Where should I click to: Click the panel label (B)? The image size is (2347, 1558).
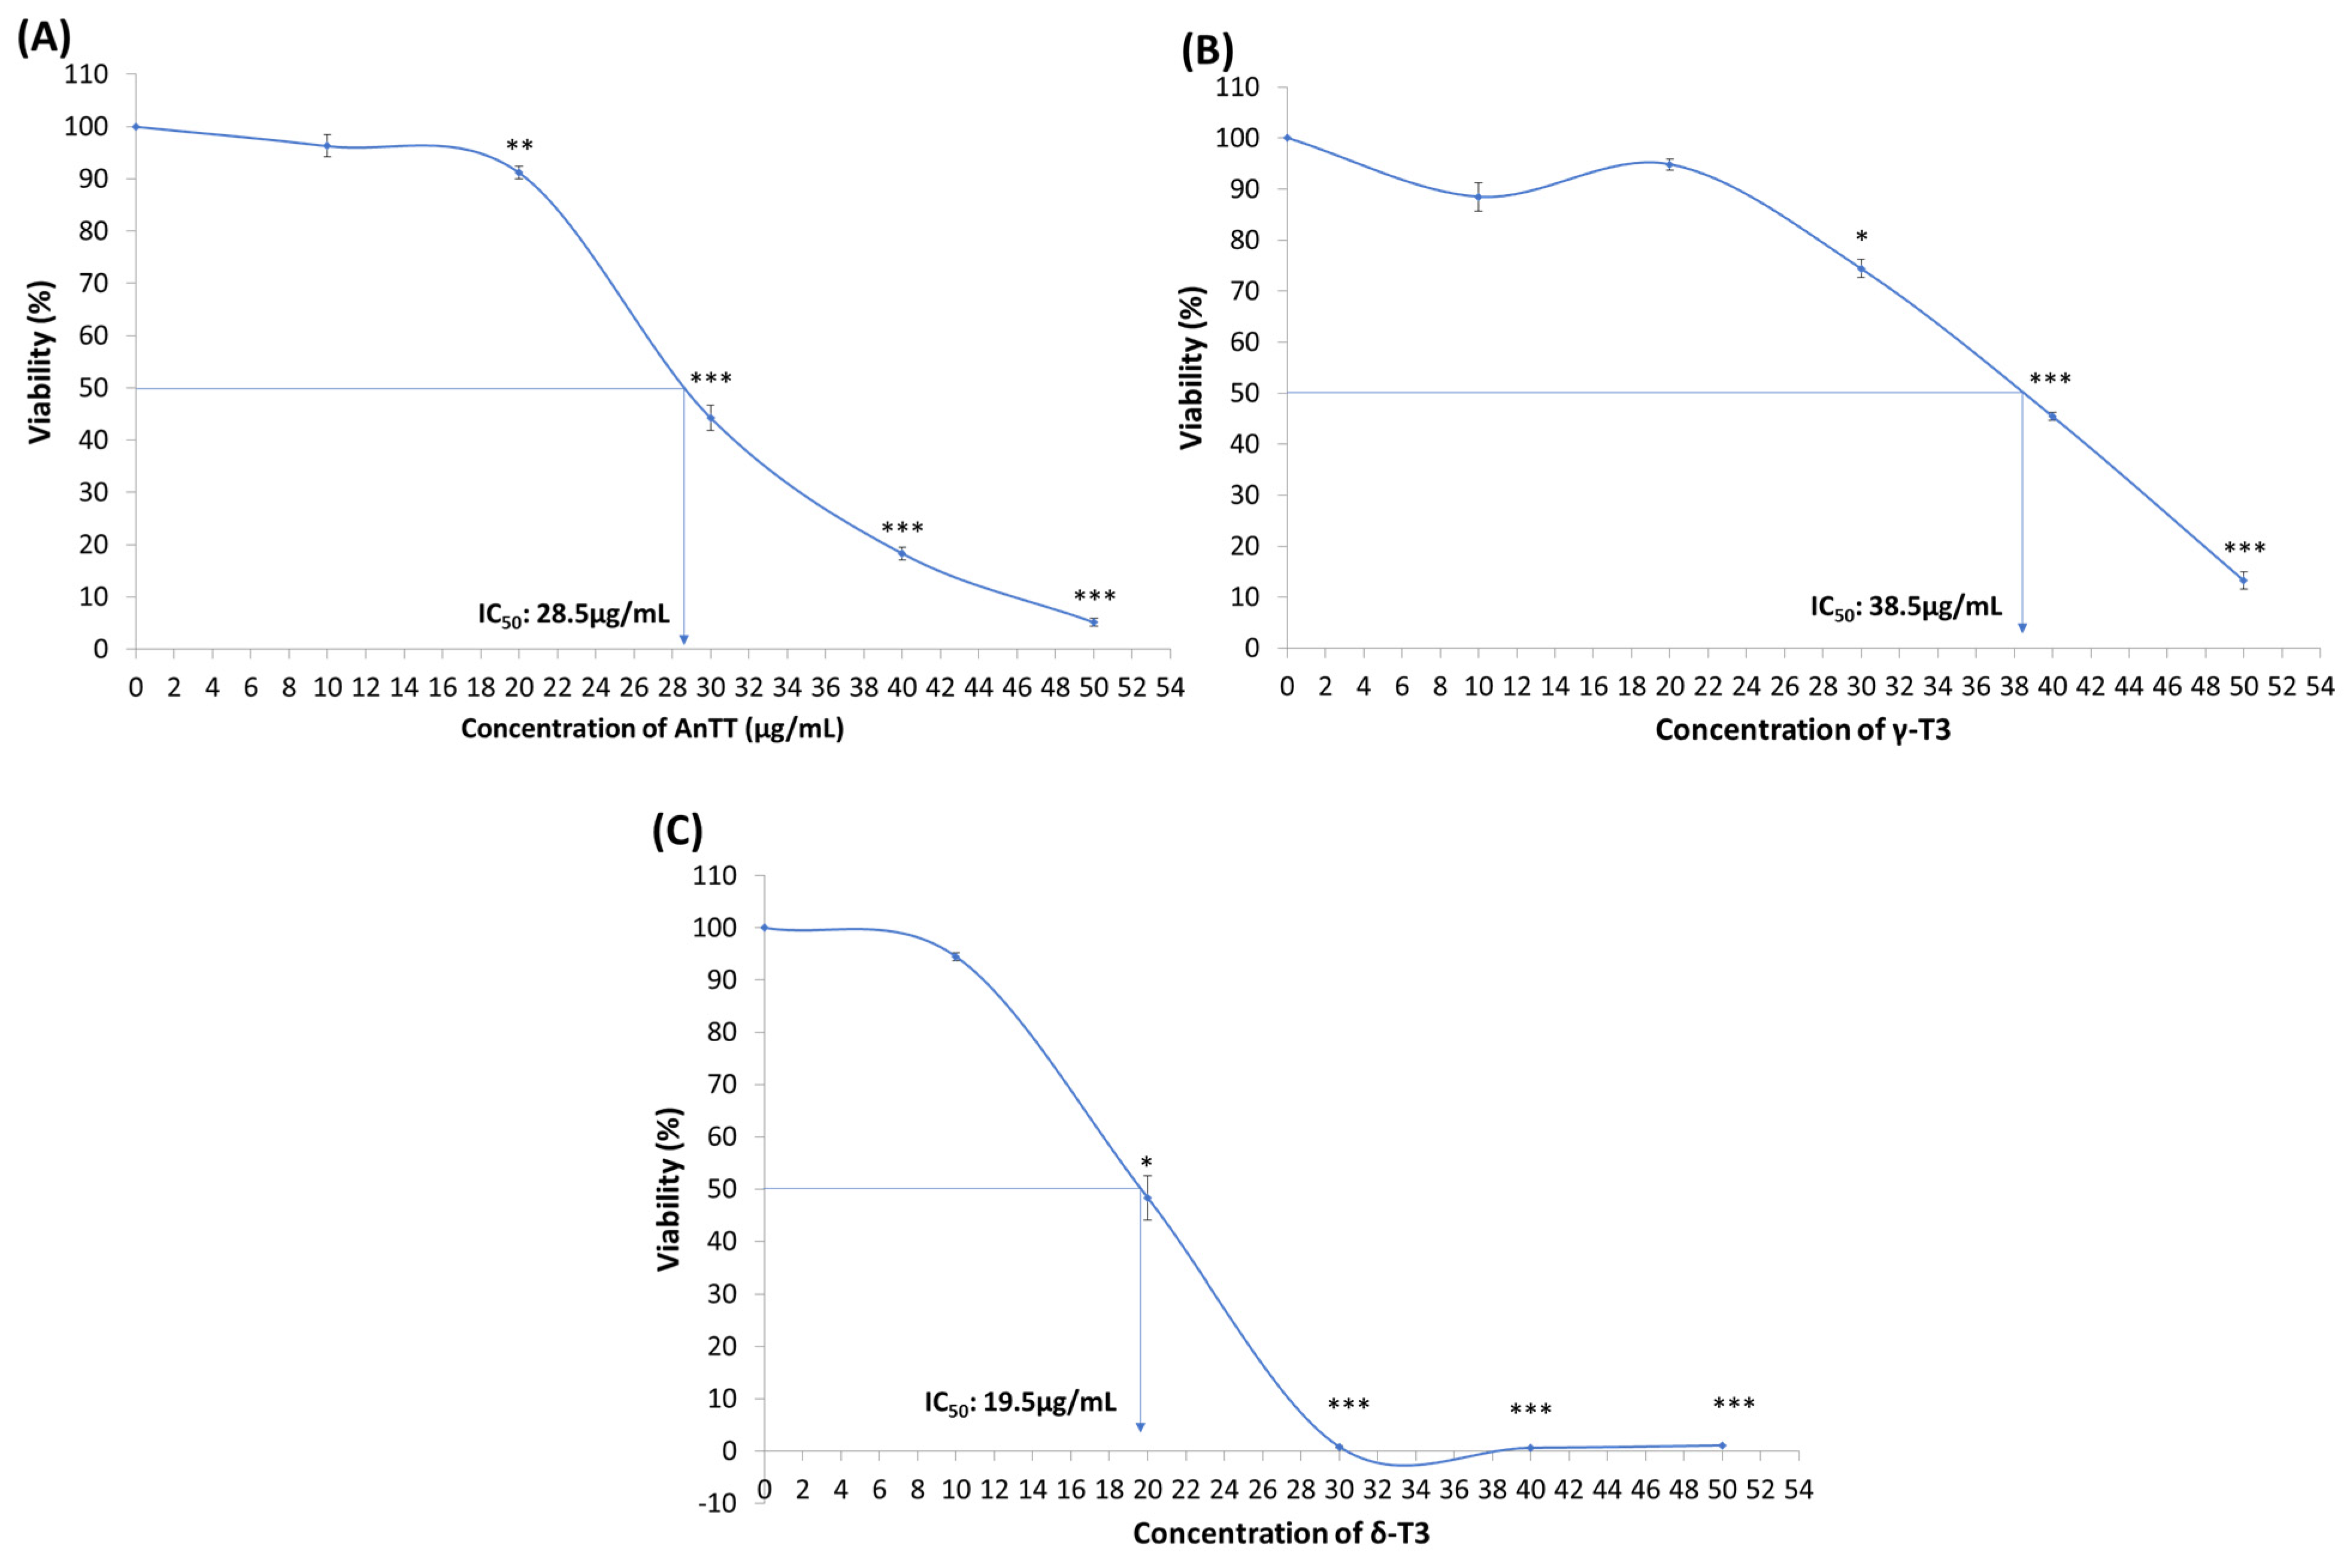coord(1207,50)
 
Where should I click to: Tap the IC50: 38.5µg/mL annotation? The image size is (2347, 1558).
coord(1905,606)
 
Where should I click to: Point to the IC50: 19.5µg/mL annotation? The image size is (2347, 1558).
coord(1019,1402)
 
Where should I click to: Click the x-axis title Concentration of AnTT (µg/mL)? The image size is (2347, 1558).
coord(652,728)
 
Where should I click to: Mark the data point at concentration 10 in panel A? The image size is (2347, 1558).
coord(327,146)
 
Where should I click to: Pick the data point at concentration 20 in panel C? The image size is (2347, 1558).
coord(1147,1197)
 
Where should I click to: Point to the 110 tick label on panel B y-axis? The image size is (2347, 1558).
coord(1237,87)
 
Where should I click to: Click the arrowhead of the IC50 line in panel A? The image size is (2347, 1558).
coord(683,639)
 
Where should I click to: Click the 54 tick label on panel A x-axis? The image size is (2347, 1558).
coord(1170,688)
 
